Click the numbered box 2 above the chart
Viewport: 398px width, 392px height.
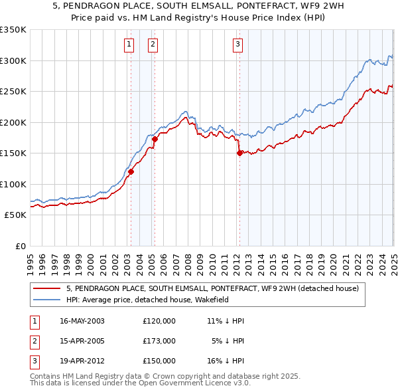(x=153, y=45)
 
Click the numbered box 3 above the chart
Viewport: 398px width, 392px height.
(x=237, y=45)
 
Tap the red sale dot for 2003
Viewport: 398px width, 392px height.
(x=131, y=171)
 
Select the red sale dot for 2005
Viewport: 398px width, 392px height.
(x=155, y=139)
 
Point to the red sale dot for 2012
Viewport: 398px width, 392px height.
(x=239, y=153)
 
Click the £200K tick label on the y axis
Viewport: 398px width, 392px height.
(x=13, y=122)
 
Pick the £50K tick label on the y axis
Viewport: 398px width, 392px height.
(x=15, y=215)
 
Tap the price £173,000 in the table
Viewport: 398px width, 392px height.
(x=159, y=341)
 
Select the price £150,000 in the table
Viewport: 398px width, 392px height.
(x=159, y=361)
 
